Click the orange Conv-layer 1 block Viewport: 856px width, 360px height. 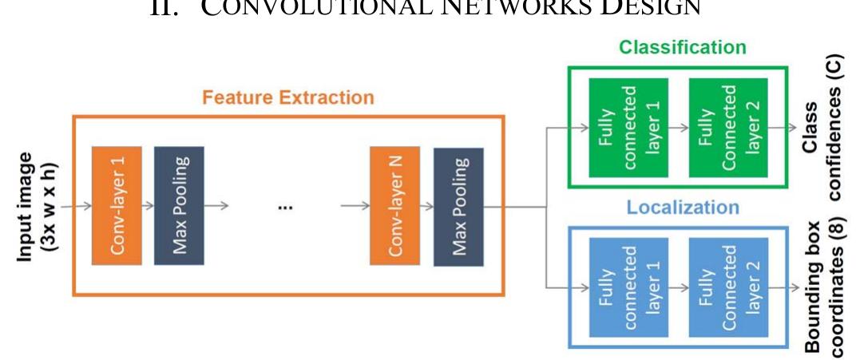click(117, 206)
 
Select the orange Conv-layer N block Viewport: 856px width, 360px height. click(394, 206)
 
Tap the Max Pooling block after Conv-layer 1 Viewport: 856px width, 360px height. click(179, 206)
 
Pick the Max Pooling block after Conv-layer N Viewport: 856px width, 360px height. click(458, 206)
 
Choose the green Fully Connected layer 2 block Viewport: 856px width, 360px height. click(715, 127)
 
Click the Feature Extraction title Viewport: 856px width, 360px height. click(287, 98)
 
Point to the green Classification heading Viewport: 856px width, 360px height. click(683, 47)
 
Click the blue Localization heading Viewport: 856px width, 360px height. click(683, 208)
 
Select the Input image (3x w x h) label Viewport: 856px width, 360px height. click(37, 206)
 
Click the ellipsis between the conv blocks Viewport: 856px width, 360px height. click(285, 207)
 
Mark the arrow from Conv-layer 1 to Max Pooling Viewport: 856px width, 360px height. click(148, 206)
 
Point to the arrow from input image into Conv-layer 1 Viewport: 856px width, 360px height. click(76, 206)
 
